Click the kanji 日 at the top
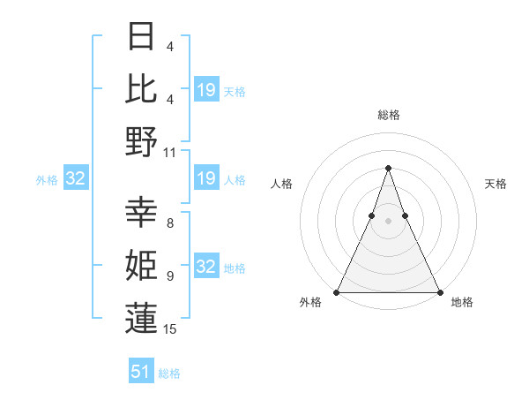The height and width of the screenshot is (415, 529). tap(141, 36)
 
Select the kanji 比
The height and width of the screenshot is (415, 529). tap(141, 88)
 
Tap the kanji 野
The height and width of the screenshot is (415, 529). tap(141, 141)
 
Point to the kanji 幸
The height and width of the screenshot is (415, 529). tap(141, 212)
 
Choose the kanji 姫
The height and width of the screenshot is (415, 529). tap(141, 265)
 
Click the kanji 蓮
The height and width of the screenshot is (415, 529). tap(141, 318)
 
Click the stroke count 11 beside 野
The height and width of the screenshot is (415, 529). tap(170, 152)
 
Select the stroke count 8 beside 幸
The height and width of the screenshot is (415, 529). tap(169, 223)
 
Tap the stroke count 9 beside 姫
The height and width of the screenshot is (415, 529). tap(169, 275)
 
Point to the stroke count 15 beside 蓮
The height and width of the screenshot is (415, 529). tap(170, 329)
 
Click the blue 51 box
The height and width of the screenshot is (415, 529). tap(141, 372)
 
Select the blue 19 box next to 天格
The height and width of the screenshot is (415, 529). tap(206, 90)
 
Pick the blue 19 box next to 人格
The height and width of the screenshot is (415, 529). tap(206, 179)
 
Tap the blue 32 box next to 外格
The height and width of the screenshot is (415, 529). tap(75, 179)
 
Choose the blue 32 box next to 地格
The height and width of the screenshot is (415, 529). tap(206, 268)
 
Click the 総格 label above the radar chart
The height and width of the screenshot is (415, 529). tap(388, 115)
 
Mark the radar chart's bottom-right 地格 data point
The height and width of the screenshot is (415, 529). tap(439, 292)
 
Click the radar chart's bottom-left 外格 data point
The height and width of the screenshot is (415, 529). tap(337, 292)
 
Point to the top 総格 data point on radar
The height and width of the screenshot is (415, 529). tap(388, 168)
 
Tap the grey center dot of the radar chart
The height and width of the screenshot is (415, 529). tap(388, 221)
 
